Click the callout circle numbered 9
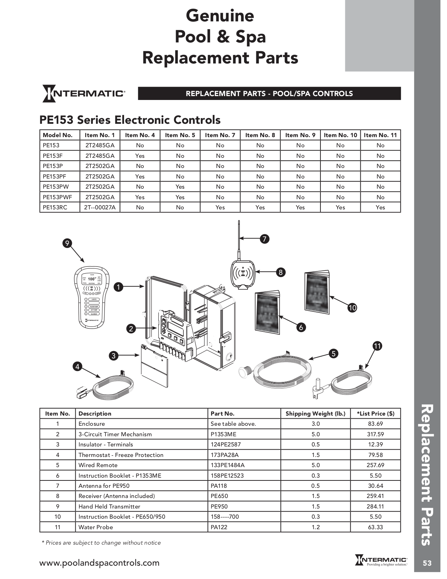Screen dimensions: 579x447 [x=67, y=243]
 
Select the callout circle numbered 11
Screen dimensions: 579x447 [x=377, y=346]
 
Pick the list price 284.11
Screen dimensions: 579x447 [x=375, y=506]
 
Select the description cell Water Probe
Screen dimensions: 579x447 [x=95, y=527]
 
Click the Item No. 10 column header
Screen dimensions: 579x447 [x=340, y=135]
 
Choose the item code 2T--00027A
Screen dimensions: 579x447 [x=100, y=207]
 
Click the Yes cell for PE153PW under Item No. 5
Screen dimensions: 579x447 [x=180, y=187]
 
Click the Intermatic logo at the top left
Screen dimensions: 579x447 [x=83, y=94]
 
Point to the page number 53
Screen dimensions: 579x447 [x=427, y=563]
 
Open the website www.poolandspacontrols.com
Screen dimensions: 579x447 [x=99, y=563]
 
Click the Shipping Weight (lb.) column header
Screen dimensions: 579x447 [x=315, y=413]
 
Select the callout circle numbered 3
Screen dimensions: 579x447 [x=113, y=356]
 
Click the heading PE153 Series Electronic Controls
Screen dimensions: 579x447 [x=130, y=120]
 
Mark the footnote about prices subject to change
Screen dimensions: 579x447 [x=101, y=543]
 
